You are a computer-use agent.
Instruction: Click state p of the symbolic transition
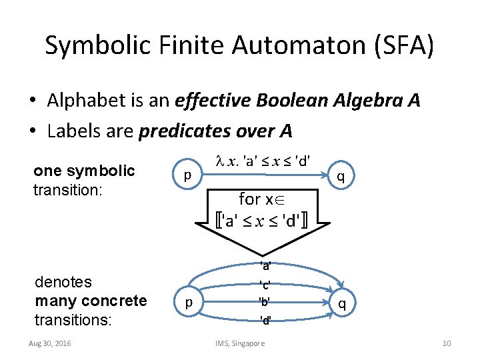(x=188, y=175)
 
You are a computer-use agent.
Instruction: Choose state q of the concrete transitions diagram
(x=341, y=304)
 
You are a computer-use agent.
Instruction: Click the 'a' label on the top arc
(x=265, y=267)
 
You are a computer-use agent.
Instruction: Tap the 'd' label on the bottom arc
(x=265, y=321)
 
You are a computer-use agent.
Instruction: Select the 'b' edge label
(x=265, y=301)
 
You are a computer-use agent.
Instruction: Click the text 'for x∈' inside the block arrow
(x=265, y=198)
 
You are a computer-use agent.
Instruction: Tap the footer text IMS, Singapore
(x=240, y=343)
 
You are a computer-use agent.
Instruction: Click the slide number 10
(x=447, y=343)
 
